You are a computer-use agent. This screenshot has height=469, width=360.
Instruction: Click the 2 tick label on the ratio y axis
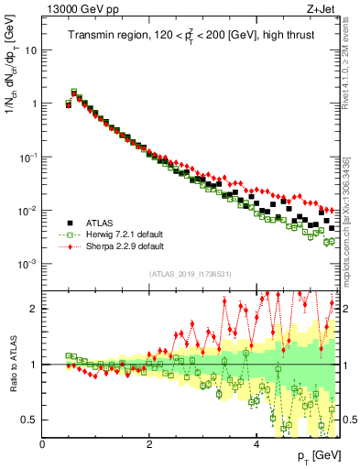[x=35, y=309]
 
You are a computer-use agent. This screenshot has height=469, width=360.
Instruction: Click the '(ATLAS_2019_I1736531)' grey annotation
[x=190, y=273]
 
